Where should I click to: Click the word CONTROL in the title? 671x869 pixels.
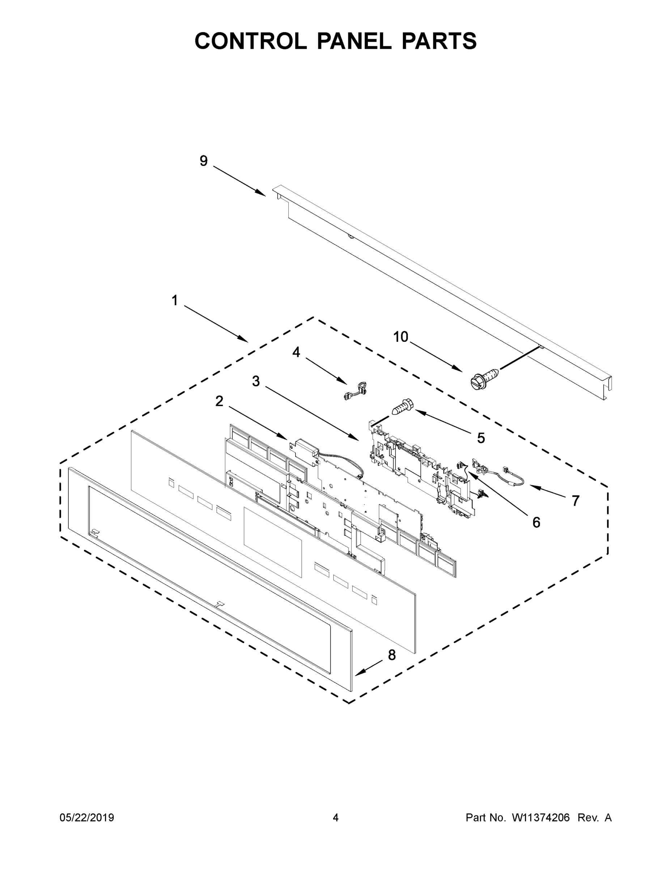250,41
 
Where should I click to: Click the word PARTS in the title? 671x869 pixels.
439,41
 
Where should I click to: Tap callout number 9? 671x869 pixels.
204,161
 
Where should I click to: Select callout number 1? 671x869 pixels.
174,301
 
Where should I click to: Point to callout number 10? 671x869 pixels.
401,337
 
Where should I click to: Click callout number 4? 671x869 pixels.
296,352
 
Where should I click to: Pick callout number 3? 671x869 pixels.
256,381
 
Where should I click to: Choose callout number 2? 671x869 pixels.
220,402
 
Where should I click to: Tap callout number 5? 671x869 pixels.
481,438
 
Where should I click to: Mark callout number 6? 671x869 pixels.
536,522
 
